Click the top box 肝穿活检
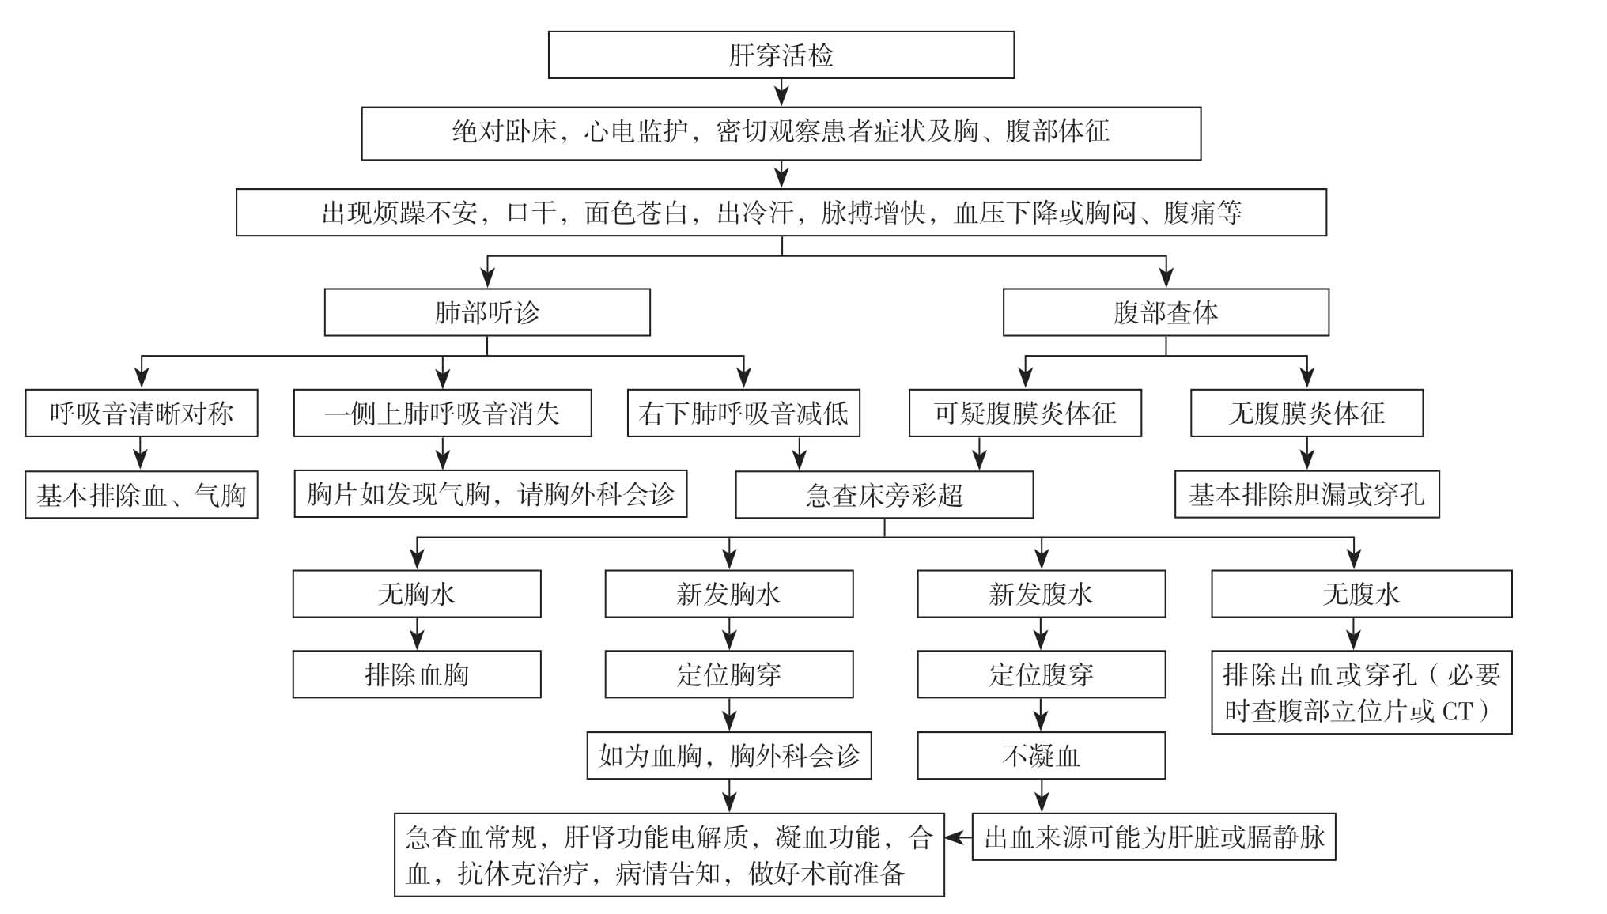tap(781, 55)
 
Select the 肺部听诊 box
tap(487, 312)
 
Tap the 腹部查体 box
tap(1165, 312)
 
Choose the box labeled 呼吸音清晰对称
tap(142, 413)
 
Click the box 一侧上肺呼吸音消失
tap(442, 413)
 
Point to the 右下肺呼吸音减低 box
tap(743, 413)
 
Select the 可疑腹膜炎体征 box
tap(1025, 413)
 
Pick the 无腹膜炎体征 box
tap(1306, 413)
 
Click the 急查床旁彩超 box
tap(884, 495)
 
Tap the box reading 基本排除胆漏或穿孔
tap(1306, 495)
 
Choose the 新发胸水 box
tap(729, 594)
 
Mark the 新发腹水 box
tap(1041, 594)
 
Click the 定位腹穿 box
tap(1041, 674)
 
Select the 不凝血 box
tap(1041, 756)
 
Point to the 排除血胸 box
tap(417, 674)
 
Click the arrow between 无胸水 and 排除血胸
tap(417, 634)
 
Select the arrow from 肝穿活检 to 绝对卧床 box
tap(781, 93)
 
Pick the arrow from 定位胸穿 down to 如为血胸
tap(729, 715)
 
